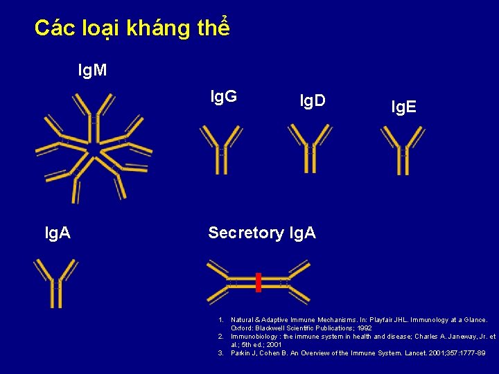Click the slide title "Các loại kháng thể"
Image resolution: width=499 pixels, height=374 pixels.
tap(132, 28)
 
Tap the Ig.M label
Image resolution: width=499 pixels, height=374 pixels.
tap(92, 70)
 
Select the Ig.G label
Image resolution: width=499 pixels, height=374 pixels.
tap(224, 96)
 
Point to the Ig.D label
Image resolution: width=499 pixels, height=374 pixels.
tap(313, 101)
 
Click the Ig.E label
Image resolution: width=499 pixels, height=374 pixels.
tap(403, 107)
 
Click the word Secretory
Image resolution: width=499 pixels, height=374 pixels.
tap(246, 233)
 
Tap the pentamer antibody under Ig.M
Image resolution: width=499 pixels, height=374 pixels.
tap(94, 147)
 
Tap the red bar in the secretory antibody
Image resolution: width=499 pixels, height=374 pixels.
tap(259, 283)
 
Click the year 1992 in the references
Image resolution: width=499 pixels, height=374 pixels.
tap(362, 328)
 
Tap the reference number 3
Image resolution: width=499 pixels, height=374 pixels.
tap(220, 353)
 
